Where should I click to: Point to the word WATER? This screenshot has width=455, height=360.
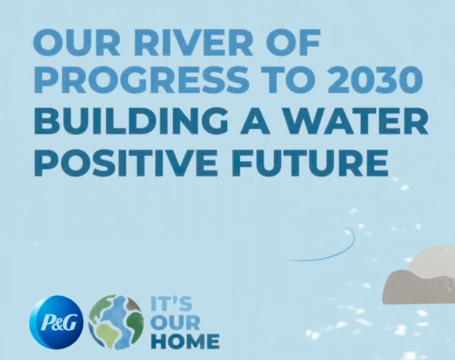[359, 122]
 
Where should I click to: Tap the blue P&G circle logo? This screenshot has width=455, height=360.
[56, 322]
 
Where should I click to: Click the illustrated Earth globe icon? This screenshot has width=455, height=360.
[116, 322]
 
